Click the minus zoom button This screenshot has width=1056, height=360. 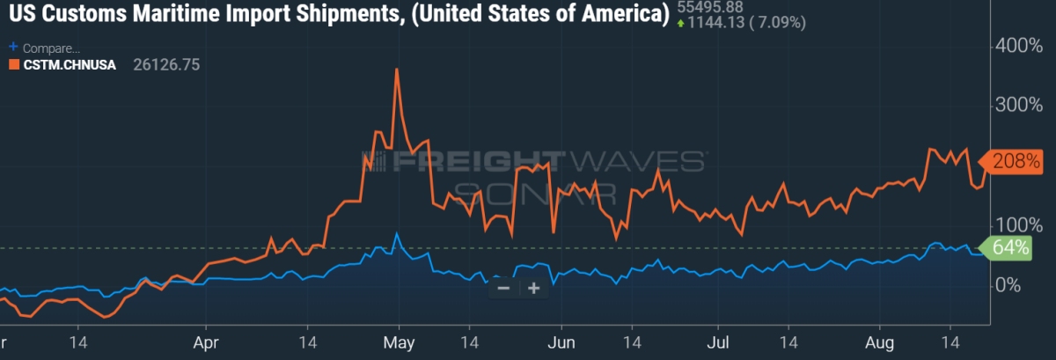(x=503, y=288)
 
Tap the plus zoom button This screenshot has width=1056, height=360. (x=533, y=288)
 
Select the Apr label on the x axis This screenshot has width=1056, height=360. (x=205, y=342)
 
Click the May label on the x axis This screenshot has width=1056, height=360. (x=399, y=342)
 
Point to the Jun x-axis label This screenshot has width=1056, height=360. (x=560, y=342)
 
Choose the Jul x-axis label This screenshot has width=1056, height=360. (x=719, y=342)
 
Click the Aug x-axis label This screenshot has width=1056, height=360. (x=879, y=342)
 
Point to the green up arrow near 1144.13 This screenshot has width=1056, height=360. (x=681, y=23)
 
